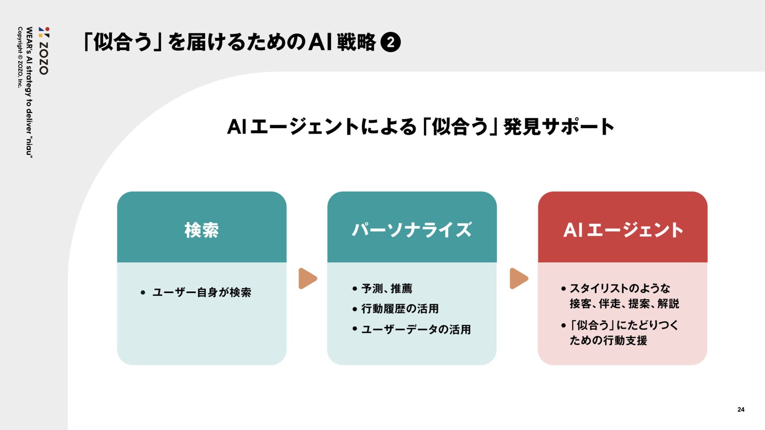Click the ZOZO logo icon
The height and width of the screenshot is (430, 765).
(x=44, y=32)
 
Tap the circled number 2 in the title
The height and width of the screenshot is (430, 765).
(x=390, y=43)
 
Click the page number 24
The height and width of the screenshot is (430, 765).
(x=741, y=409)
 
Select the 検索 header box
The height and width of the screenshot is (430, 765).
(x=202, y=227)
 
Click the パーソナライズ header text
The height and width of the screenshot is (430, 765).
(x=412, y=230)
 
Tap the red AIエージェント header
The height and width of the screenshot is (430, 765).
(x=622, y=227)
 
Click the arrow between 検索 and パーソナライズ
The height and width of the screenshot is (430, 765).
(x=308, y=278)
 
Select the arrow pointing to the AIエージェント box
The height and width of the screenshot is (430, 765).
(x=518, y=278)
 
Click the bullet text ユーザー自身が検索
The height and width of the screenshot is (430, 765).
(x=202, y=293)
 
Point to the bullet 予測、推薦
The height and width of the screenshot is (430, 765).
(x=386, y=288)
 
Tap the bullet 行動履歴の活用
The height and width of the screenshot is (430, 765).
(x=400, y=309)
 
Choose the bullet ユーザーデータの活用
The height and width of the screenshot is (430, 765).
(x=416, y=330)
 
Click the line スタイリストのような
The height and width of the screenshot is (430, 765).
(x=620, y=288)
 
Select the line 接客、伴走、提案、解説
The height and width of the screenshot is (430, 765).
(x=624, y=304)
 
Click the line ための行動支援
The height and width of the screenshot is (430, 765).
(x=608, y=340)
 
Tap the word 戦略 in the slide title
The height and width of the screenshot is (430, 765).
(x=356, y=43)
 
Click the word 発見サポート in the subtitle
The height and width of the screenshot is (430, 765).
(x=558, y=127)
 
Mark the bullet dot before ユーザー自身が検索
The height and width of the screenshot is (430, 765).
(x=143, y=293)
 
